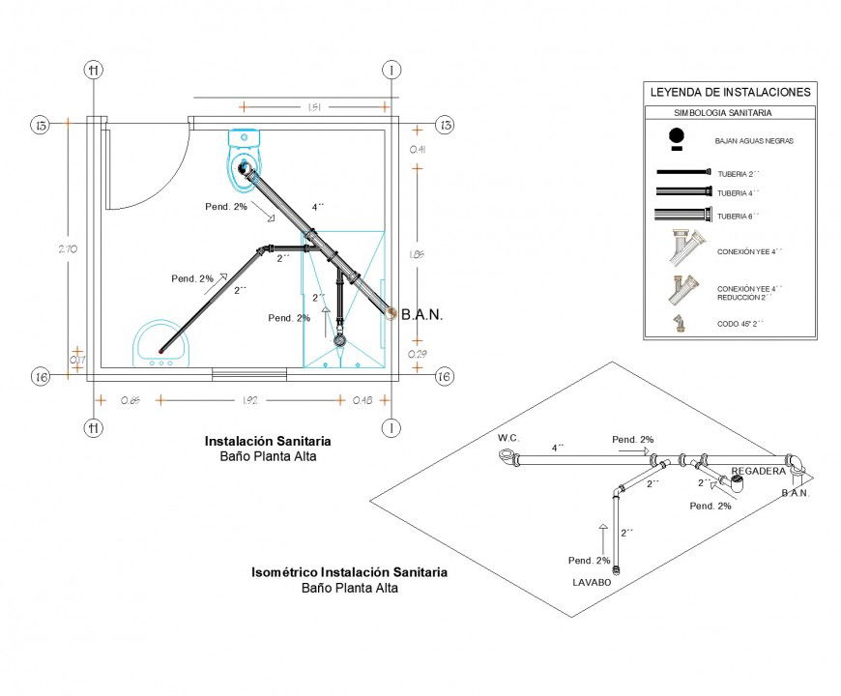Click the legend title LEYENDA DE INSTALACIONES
point(730,93)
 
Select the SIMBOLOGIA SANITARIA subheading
point(730,113)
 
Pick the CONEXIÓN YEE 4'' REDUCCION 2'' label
point(749,293)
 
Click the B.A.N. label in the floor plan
point(421,314)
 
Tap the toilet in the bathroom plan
point(245,160)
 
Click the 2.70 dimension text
point(68,249)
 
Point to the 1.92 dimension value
point(248,399)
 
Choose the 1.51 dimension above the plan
point(314,107)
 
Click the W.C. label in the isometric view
point(508,438)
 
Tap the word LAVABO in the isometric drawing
point(591,583)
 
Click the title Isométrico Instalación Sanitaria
point(349,572)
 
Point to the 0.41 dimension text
point(418,149)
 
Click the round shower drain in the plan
point(339,340)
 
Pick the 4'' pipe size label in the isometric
point(558,448)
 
